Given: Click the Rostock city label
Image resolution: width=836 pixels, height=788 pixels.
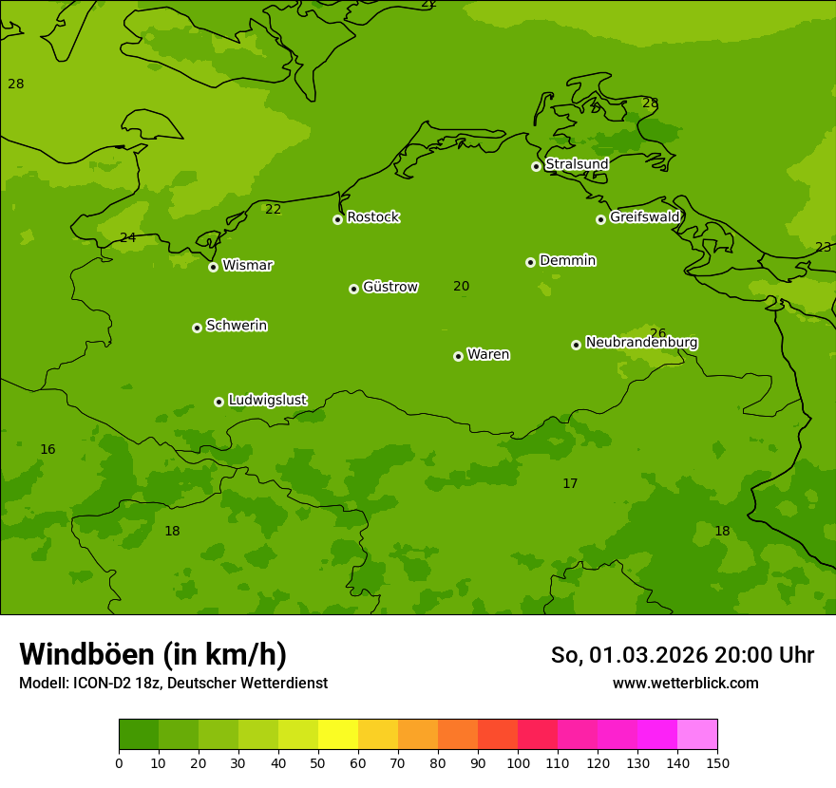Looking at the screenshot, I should [372, 217].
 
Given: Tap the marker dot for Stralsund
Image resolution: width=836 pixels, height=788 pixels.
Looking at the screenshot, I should [536, 166].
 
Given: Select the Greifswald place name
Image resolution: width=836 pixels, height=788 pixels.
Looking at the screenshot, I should [644, 217].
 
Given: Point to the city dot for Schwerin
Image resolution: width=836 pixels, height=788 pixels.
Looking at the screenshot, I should [197, 328].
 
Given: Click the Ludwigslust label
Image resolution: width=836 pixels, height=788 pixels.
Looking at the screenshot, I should [267, 401].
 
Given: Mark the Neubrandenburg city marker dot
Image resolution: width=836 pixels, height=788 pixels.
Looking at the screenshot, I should [576, 345].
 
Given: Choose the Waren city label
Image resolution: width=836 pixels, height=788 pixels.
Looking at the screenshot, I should [488, 355].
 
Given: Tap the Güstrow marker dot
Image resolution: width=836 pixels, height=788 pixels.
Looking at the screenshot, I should [353, 289].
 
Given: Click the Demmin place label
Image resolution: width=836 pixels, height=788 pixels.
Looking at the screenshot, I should [567, 261].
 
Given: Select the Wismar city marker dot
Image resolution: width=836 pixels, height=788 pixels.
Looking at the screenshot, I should [213, 267].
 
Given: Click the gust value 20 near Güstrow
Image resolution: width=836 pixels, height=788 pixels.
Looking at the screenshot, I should [461, 287].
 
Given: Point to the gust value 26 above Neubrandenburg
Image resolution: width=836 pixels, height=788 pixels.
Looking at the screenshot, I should [657, 333].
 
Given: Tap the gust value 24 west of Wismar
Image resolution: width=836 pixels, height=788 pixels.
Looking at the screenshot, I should [127, 238].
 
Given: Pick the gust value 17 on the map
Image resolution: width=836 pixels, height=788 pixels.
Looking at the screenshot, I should [570, 484].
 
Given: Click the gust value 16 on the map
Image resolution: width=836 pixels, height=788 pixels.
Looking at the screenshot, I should [47, 450].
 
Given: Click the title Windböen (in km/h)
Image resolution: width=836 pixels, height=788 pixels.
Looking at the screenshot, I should [153, 654].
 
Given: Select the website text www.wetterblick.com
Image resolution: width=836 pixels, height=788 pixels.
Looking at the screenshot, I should [685, 684].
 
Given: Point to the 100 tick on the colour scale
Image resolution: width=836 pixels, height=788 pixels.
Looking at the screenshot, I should [518, 762].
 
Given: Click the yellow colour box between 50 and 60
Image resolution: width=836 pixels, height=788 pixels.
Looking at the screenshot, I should [338, 735].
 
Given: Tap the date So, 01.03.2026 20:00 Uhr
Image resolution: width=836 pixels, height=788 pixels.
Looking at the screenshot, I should [682, 655].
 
